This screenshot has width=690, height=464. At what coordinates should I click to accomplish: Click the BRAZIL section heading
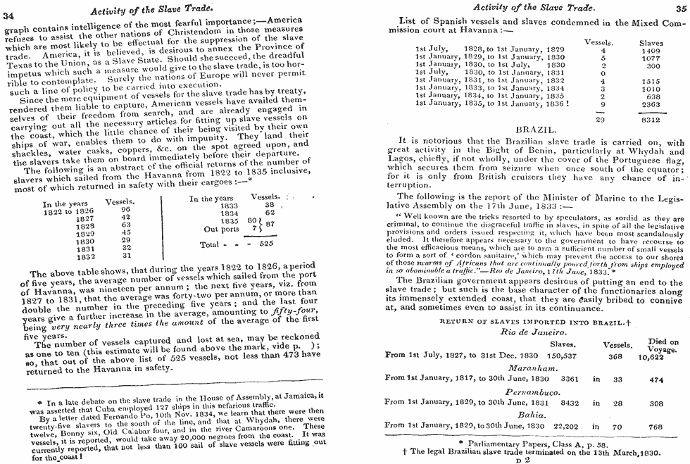click(537, 130)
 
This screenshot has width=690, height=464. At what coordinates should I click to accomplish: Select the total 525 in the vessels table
click(266, 243)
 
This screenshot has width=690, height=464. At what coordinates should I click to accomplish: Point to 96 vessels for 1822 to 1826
click(126, 208)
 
